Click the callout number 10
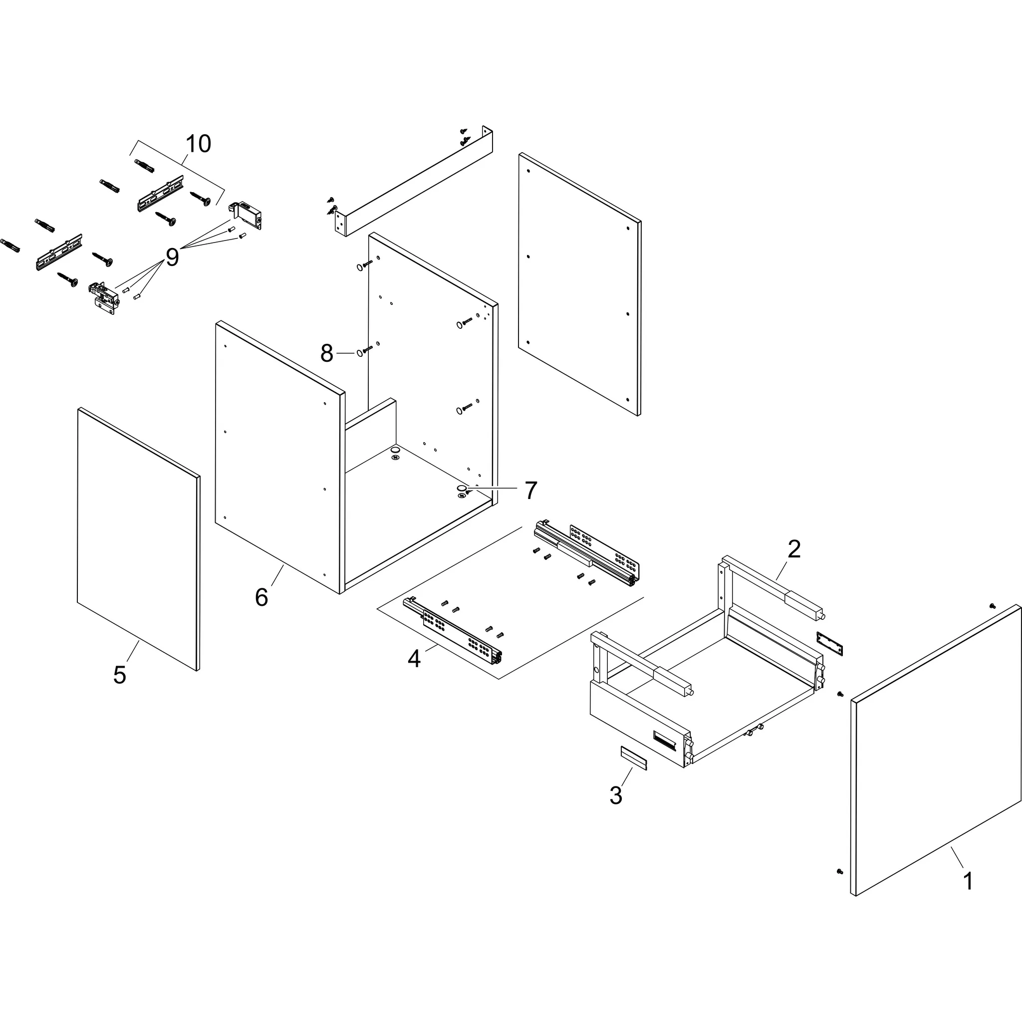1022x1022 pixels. [199, 144]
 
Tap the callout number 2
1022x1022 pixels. [793, 549]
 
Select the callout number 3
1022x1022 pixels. [616, 795]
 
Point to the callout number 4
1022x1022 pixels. [414, 659]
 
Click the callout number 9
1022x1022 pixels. [173, 257]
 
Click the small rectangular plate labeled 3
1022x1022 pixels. [634, 759]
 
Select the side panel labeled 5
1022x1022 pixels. [139, 539]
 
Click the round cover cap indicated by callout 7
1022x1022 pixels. [462, 487]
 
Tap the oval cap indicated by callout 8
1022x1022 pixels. [359, 353]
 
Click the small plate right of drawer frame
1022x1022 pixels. [829, 643]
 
